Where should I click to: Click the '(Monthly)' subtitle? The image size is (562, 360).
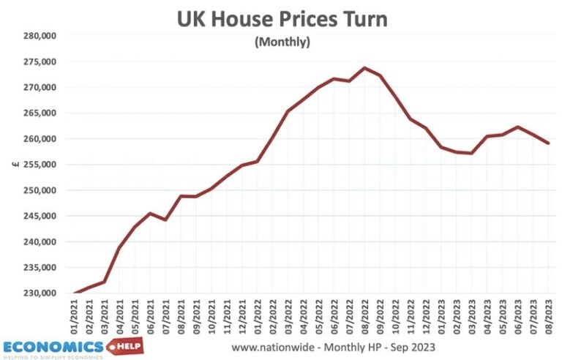tap(282, 42)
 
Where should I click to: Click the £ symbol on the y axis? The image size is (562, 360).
tap(15, 165)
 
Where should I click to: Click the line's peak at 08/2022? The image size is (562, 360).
tap(364, 68)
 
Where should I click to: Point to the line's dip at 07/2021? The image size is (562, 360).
tap(166, 220)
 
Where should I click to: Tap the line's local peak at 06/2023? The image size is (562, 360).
tap(517, 127)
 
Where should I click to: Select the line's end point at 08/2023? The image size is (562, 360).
tap(548, 143)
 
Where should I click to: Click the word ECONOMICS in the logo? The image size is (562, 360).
tap(53, 345)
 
